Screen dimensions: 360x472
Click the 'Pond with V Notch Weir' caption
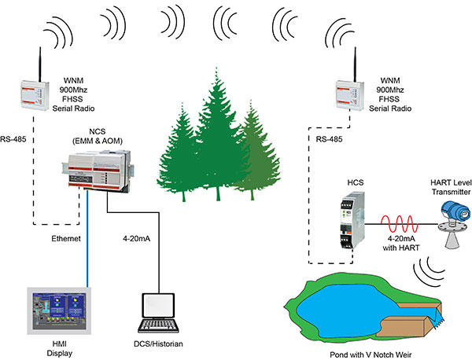[x=371, y=351]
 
